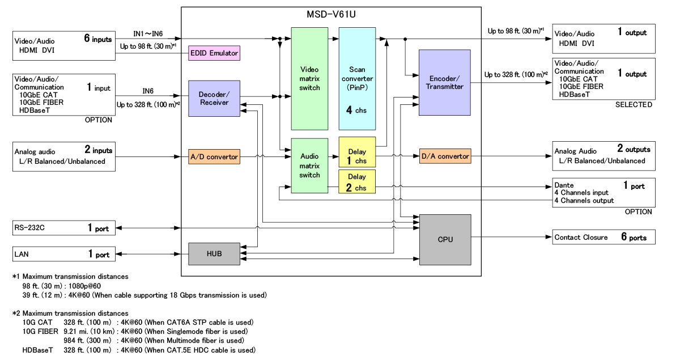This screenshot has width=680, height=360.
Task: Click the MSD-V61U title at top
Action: (330, 12)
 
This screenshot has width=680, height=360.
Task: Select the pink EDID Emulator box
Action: (214, 53)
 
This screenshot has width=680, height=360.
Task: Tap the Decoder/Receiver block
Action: (214, 99)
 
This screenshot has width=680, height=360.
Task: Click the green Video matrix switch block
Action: (309, 78)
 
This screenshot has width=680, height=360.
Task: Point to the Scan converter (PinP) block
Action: (357, 78)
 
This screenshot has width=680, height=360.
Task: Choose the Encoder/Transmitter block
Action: (445, 82)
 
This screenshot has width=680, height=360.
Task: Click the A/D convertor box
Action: (214, 156)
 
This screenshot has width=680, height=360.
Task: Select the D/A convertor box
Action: (445, 156)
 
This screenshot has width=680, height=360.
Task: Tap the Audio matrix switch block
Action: (309, 166)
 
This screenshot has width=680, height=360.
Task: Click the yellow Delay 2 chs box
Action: (357, 181)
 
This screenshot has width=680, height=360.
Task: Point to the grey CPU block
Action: (445, 239)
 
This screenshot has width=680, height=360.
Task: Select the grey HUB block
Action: (214, 253)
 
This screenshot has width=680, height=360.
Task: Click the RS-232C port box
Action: (63, 228)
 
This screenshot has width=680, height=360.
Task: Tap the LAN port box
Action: (63, 255)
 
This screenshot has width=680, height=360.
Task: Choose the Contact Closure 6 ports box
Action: (604, 237)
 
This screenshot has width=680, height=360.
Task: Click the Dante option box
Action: (604, 193)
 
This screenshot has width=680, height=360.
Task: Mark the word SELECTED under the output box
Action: (634, 105)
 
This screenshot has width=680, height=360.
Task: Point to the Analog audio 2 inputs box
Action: (63, 156)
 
